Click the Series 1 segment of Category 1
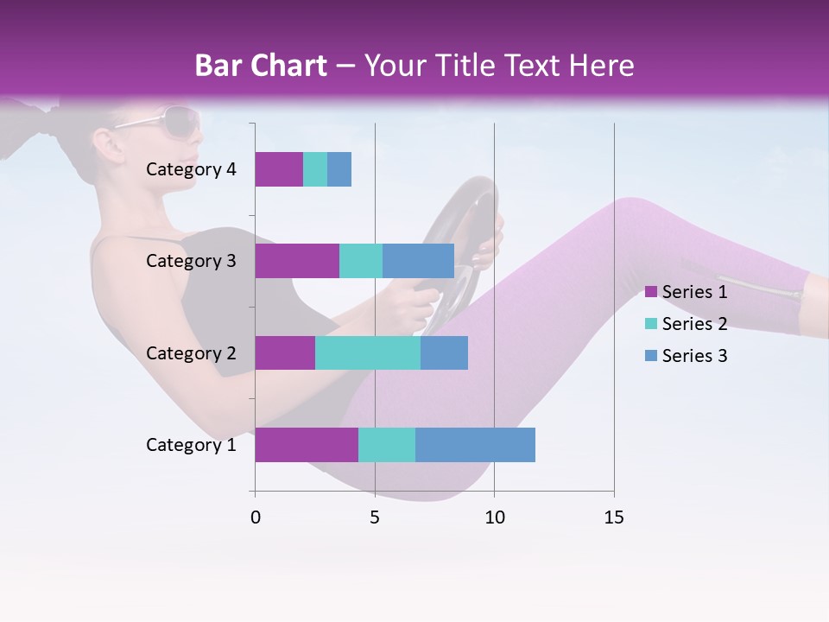[307, 444]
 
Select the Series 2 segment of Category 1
[387, 444]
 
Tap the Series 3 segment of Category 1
[475, 444]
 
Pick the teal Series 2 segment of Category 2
[368, 352]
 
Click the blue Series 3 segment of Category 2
[444, 352]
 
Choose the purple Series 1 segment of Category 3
[297, 261]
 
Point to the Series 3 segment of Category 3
[418, 261]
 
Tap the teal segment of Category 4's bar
[315, 169]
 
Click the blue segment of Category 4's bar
[339, 169]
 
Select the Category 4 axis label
[191, 169]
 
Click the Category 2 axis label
[191, 352]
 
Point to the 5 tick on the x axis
[375, 517]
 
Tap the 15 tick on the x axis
[613, 517]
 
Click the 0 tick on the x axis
[256, 517]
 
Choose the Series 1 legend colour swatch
[650, 292]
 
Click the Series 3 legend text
[694, 356]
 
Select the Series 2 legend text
[694, 324]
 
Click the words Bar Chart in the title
[261, 66]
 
